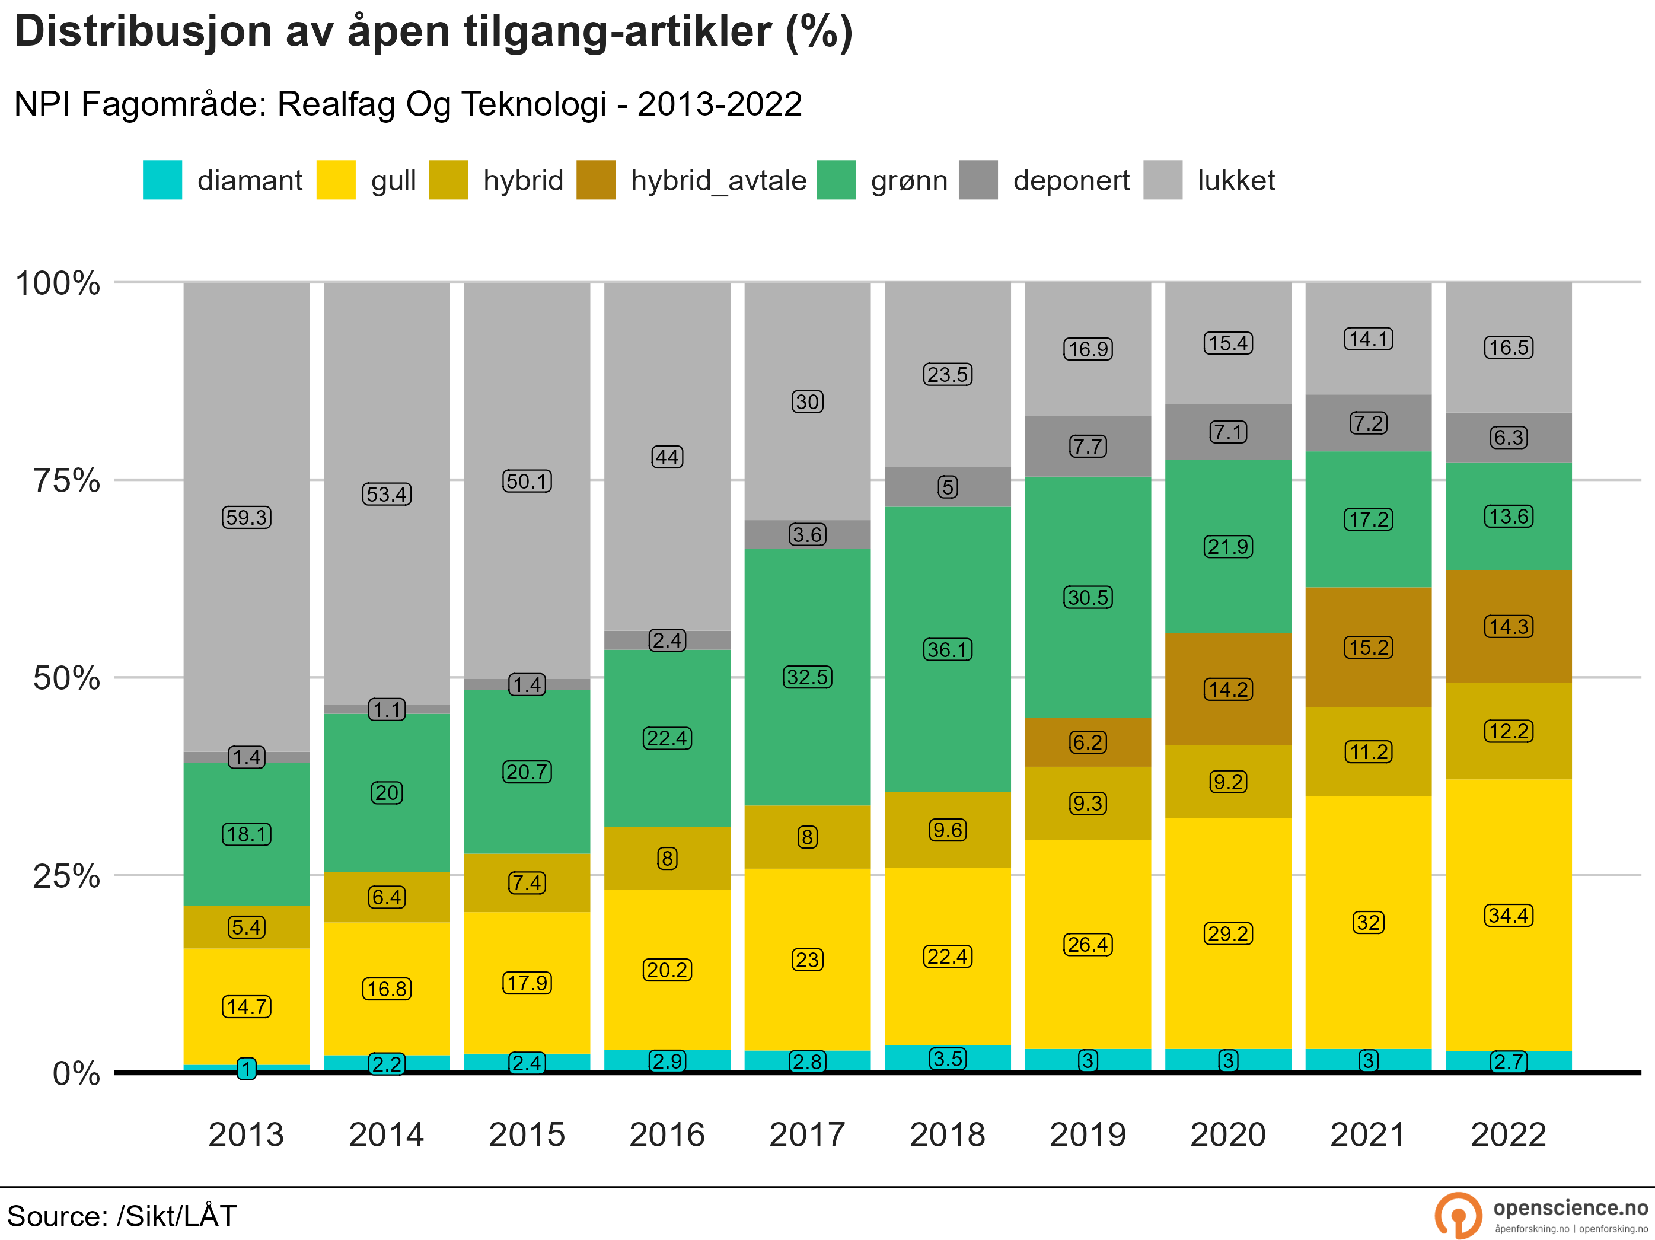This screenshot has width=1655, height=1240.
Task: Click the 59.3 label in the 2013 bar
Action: tap(246, 517)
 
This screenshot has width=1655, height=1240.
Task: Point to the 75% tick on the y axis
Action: tap(66, 480)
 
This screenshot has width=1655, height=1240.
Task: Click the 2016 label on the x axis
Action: tap(667, 1134)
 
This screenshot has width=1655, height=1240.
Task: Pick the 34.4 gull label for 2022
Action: tap(1509, 915)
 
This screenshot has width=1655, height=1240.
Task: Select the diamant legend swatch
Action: tap(162, 180)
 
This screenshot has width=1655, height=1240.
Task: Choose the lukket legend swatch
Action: tap(1163, 180)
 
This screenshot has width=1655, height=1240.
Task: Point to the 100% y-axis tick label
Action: tap(58, 283)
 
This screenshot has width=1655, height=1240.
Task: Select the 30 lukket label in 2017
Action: tap(807, 402)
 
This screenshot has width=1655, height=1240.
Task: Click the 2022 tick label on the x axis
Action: tap(1509, 1134)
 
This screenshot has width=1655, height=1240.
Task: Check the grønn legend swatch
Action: tap(836, 180)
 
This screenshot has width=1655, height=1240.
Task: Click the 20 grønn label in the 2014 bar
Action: tap(387, 792)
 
